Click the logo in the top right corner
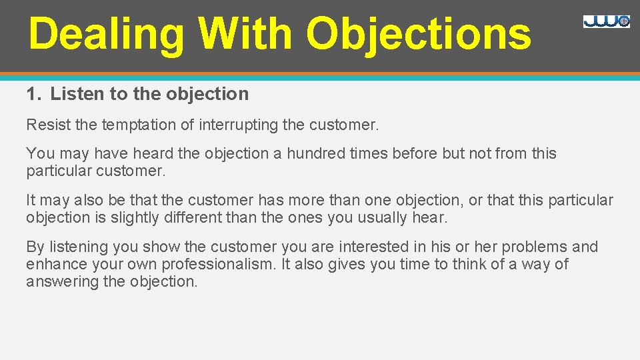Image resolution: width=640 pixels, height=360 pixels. [x=606, y=21]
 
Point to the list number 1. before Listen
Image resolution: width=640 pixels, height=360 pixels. [x=34, y=94]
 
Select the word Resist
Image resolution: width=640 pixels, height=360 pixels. [x=45, y=124]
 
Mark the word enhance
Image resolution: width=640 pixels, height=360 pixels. [x=54, y=264]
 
